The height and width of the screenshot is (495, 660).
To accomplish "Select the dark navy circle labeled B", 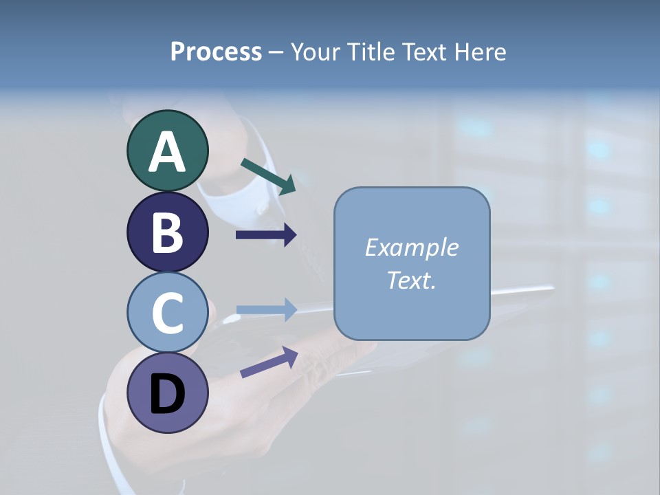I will [x=167, y=232].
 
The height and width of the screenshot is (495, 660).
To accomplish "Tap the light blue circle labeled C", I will [x=167, y=312].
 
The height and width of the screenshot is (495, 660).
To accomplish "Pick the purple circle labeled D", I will [x=167, y=393].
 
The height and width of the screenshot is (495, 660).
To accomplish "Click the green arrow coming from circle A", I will [x=268, y=175].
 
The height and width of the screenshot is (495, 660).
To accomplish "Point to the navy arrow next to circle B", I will [x=266, y=235].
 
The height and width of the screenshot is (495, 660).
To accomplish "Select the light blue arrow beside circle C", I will [x=266, y=310].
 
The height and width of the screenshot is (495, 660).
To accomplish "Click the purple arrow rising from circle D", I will [x=269, y=362].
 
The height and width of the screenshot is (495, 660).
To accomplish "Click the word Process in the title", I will [x=216, y=52].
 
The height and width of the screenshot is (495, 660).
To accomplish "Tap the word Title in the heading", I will [x=372, y=52].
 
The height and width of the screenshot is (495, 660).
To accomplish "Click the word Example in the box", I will [x=411, y=247].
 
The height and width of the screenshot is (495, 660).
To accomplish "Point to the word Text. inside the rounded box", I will [x=411, y=280].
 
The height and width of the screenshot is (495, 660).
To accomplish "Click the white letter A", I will [x=167, y=152].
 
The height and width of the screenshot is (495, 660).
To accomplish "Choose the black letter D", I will [x=167, y=395].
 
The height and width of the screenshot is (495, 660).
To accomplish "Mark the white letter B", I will [x=167, y=232].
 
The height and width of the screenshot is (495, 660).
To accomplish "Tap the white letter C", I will [x=167, y=313].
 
